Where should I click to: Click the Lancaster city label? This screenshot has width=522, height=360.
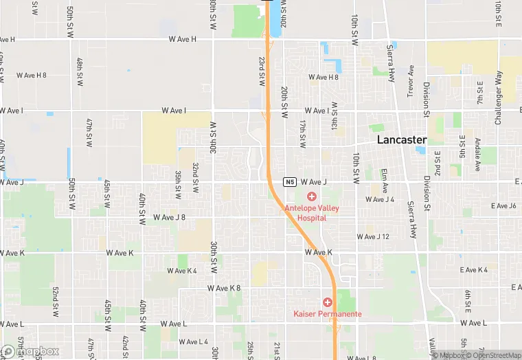pyautogui.click(x=402, y=139)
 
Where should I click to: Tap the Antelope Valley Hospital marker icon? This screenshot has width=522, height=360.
pyautogui.click(x=311, y=197)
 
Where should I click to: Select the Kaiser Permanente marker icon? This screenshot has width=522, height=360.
pyautogui.click(x=328, y=302)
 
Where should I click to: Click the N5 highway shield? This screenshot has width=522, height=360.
pyautogui.click(x=291, y=182)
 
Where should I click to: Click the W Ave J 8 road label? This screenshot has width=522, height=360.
pyautogui.click(x=169, y=217)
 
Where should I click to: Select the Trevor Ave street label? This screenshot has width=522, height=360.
pyautogui.click(x=411, y=81)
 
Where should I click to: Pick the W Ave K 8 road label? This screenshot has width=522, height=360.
pyautogui.click(x=225, y=288)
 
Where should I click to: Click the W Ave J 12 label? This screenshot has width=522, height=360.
pyautogui.click(x=373, y=236)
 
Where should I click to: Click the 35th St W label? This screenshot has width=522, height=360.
pyautogui.click(x=178, y=185)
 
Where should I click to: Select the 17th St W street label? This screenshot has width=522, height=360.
pyautogui.click(x=302, y=133)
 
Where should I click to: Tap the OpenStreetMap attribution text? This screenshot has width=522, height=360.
pyautogui.click(x=493, y=355)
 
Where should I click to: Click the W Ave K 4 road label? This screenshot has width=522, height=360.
pyautogui.click(x=182, y=271)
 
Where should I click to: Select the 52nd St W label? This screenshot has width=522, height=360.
pyautogui.click(x=54, y=293)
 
